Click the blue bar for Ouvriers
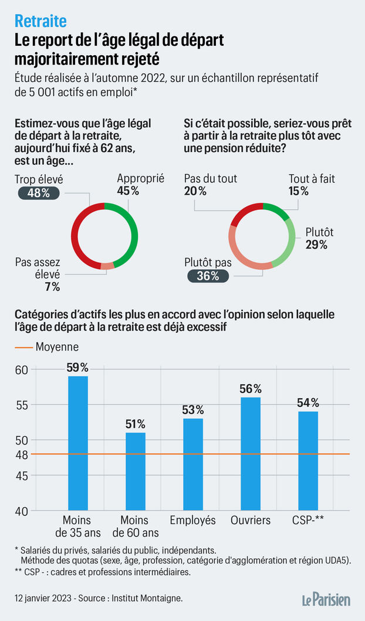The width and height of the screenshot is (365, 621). tap(251, 454)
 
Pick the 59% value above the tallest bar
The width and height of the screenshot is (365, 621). tap(78, 368)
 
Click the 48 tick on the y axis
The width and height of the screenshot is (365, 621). tap(21, 454)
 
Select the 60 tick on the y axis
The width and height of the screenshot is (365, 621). tap(21, 369)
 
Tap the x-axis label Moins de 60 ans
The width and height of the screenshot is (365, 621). tap(136, 526)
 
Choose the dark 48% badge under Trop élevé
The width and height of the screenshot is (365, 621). tap(39, 192)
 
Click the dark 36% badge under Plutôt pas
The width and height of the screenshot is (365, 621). tap(207, 276)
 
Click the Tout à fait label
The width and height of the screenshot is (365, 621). tap(312, 179)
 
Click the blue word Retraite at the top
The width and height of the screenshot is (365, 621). tap(40, 22)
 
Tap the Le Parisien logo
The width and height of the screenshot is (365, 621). tap(327, 599)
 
